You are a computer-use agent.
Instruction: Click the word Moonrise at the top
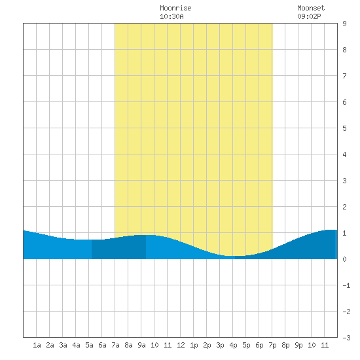point(175,8)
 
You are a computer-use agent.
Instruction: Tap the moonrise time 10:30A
point(171,16)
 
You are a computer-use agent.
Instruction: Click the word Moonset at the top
point(311,8)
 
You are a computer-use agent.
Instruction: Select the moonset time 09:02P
point(309,16)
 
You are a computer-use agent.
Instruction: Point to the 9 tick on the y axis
point(344,24)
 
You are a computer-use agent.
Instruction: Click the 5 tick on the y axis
point(344,128)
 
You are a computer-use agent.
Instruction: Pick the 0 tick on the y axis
point(344,259)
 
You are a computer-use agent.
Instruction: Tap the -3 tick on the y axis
point(346,338)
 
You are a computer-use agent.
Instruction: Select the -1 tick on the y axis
point(346,285)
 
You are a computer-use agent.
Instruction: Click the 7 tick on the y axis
point(344,76)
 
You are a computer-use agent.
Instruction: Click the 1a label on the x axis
point(37,345)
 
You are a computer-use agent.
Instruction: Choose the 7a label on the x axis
point(115,345)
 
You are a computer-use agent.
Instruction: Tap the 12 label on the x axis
point(181,345)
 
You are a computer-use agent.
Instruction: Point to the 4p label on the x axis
point(233,345)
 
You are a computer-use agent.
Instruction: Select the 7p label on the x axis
point(272,345)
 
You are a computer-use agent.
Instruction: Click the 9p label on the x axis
point(298,345)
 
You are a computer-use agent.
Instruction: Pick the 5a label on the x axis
point(89,345)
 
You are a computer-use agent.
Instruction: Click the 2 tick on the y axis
point(344,207)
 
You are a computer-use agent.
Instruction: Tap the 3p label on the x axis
point(220,345)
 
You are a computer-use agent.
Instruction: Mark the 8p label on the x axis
point(285,345)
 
